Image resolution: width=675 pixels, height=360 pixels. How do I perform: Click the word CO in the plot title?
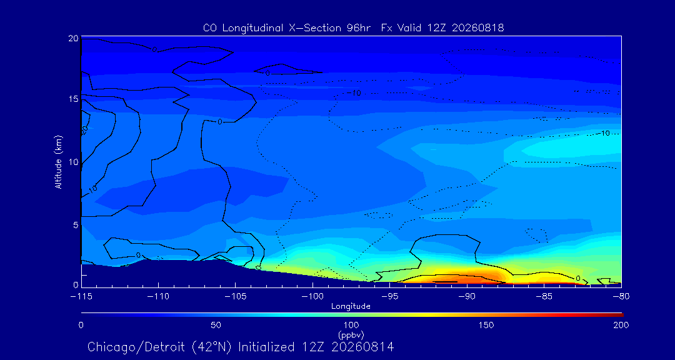(209, 28)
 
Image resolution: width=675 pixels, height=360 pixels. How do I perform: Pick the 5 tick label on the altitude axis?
(76, 225)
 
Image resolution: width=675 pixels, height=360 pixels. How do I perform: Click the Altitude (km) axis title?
(59, 161)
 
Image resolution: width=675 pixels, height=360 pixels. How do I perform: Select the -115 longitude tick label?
(81, 296)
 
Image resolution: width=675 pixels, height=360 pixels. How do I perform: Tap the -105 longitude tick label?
(235, 296)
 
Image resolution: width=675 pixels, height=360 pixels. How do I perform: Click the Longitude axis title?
(351, 307)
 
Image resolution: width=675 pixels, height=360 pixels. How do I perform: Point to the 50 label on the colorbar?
(216, 325)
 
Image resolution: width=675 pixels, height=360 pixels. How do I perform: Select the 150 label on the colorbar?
(486, 325)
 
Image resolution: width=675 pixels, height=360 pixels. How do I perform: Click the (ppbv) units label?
(351, 334)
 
